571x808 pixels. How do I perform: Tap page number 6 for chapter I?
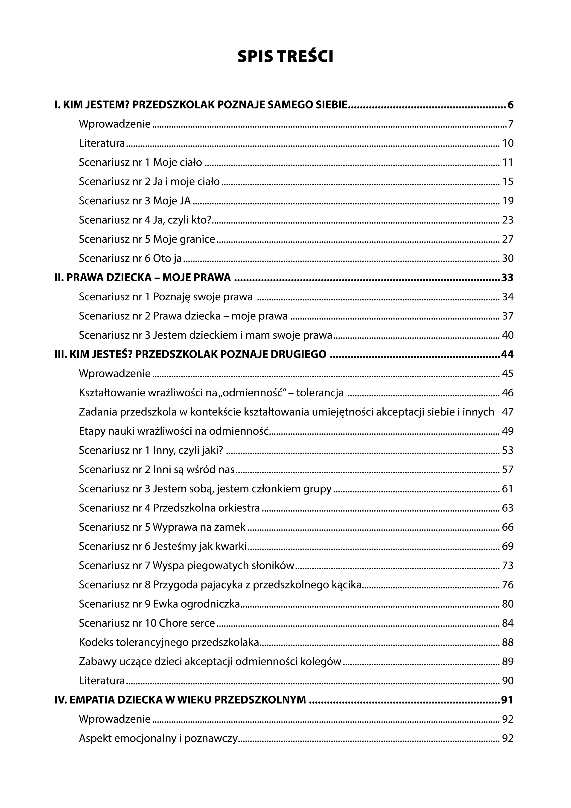[510, 105]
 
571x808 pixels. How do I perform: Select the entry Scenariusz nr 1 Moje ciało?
[140, 163]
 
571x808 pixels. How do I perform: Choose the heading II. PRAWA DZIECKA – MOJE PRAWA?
[143, 278]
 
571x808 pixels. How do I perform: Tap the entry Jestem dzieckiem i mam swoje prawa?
[243, 335]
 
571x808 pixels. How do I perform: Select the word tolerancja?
[320, 393]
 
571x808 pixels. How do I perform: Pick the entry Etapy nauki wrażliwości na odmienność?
[174, 431]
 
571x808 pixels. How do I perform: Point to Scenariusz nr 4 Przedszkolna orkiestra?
[169, 508]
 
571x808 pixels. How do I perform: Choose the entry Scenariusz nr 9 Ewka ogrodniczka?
[159, 604]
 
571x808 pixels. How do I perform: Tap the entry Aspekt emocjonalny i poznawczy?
[158, 738]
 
